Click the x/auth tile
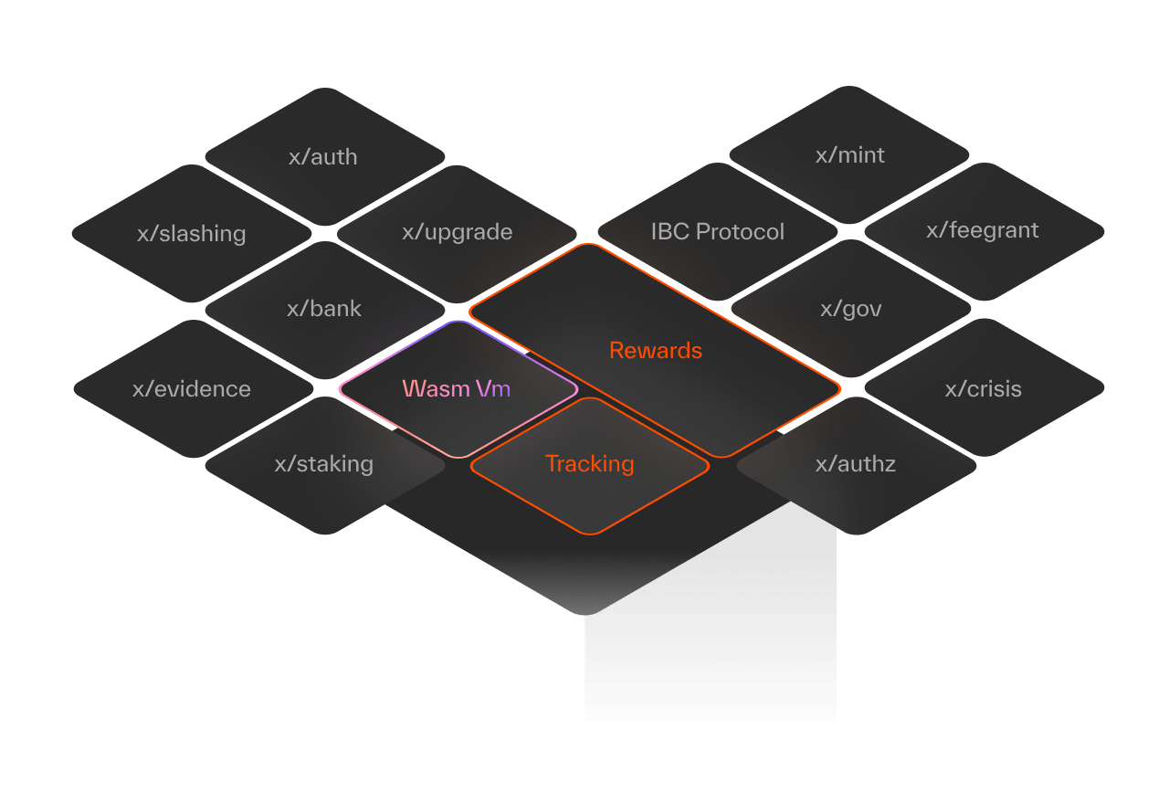coord(322,157)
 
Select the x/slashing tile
coord(192,234)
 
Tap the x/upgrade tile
coord(457,232)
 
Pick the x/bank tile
coord(324,309)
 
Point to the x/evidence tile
coord(192,389)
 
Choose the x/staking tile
coord(324,464)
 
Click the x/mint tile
coord(849,155)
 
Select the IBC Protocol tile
coord(717,232)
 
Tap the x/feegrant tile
coord(983,230)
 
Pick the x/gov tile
coord(851,309)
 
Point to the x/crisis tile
coord(983,389)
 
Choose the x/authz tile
coord(855,464)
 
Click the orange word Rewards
coord(656,351)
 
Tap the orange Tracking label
coord(589,464)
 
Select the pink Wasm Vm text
coord(457,388)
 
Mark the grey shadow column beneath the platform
coord(711,658)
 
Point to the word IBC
coord(670,232)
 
